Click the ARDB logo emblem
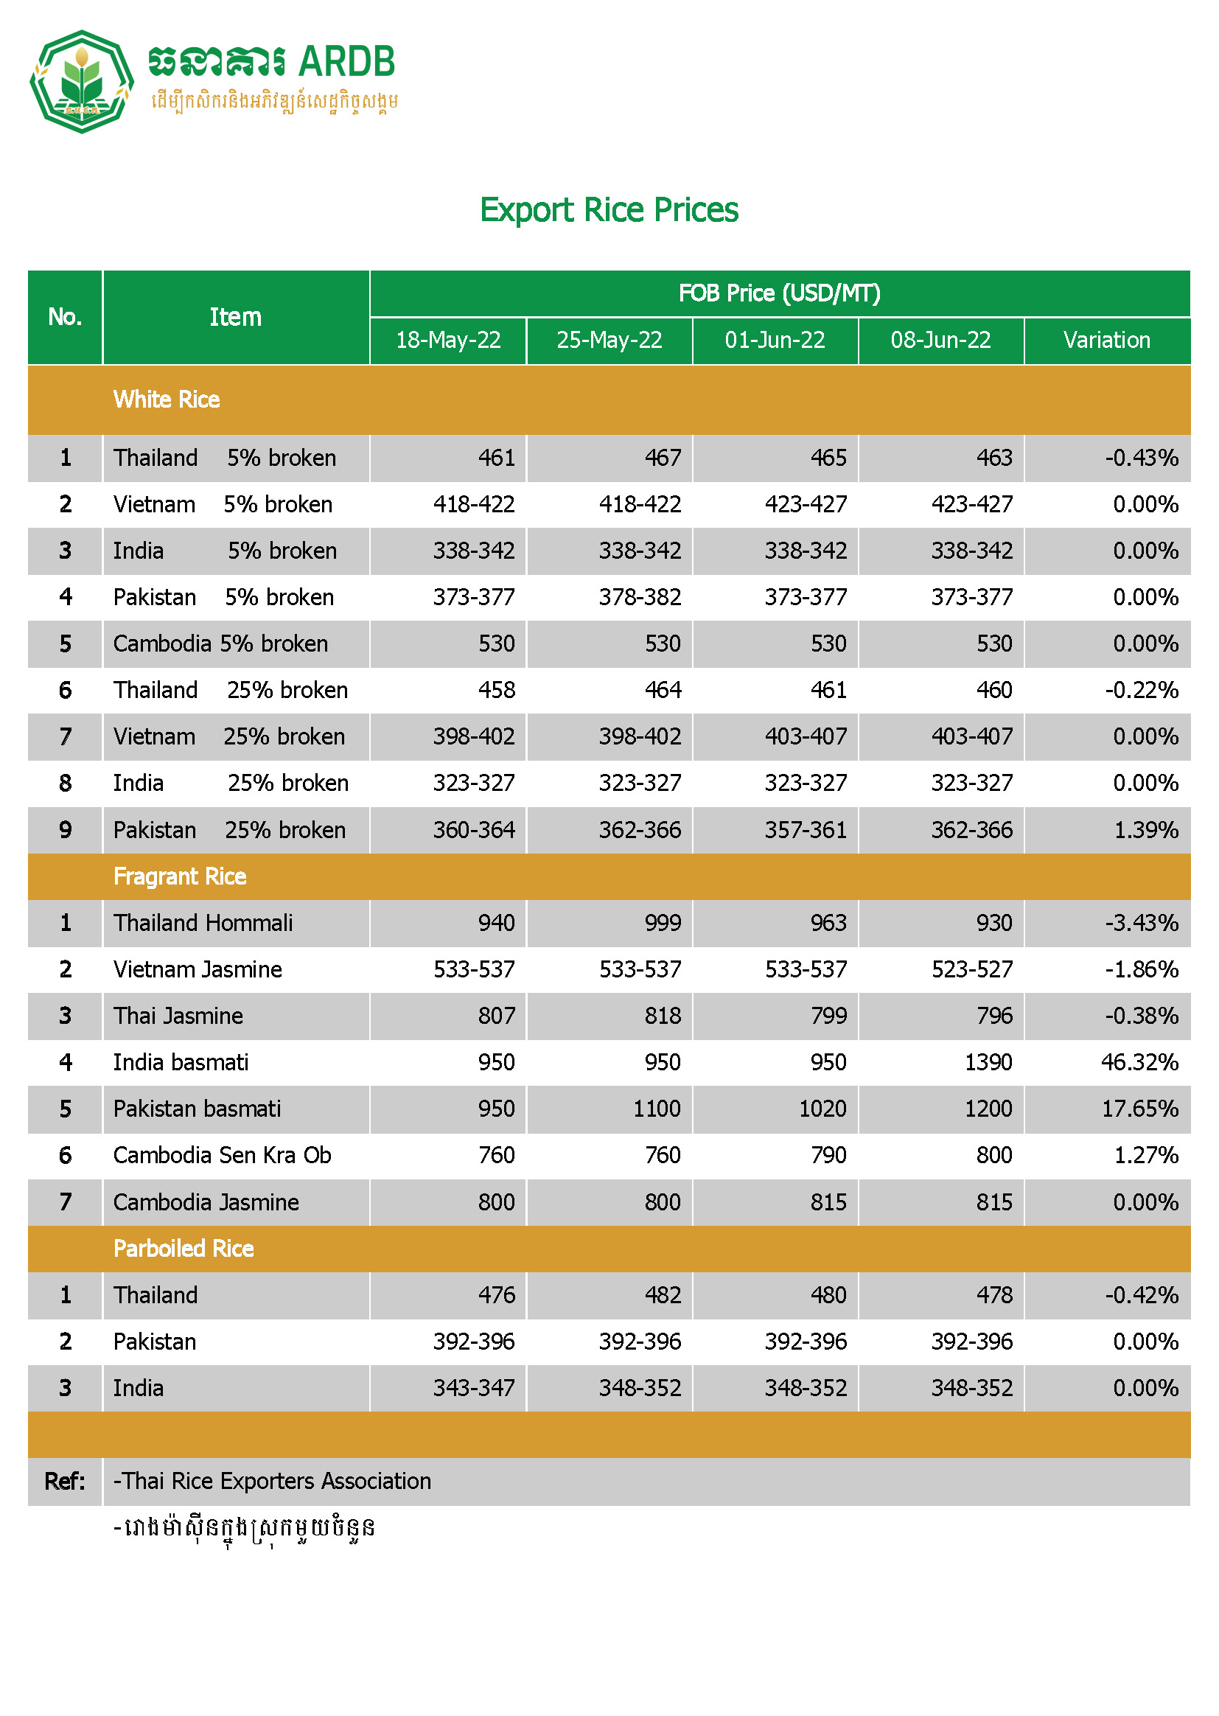[x=81, y=82]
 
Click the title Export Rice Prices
[x=609, y=210]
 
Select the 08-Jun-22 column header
[x=940, y=340]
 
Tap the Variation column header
[x=1106, y=340]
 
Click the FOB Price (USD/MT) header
[x=779, y=293]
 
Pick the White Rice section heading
[x=167, y=400]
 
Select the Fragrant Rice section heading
[x=180, y=876]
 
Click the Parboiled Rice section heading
[x=184, y=1249]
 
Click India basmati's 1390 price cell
[x=988, y=1062]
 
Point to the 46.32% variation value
[x=1139, y=1062]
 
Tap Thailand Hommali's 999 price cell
[x=662, y=923]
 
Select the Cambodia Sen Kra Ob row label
[x=222, y=1155]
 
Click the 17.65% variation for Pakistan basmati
[x=1139, y=1109]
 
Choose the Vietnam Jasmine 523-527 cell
[x=971, y=969]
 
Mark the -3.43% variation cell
[x=1141, y=923]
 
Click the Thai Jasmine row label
[x=178, y=1016]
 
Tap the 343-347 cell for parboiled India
[x=474, y=1388]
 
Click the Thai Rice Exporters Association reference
[x=273, y=1481]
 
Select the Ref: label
[x=65, y=1481]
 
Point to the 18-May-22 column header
[x=448, y=340]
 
